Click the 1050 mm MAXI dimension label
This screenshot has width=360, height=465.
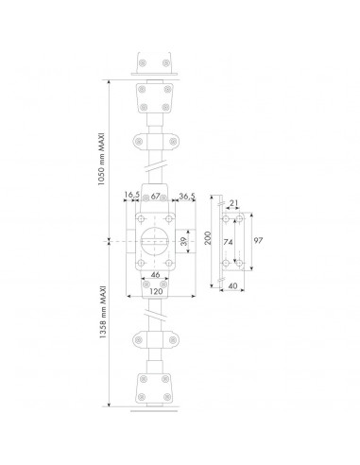pos(101,160)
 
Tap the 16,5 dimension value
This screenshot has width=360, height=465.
pos(131,196)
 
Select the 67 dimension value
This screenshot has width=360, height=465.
pos(155,196)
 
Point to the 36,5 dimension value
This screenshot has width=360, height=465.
pos(187,196)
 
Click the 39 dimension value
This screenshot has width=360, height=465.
pos(183,241)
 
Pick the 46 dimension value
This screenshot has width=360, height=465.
pos(155,275)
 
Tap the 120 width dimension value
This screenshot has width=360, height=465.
pos(156,291)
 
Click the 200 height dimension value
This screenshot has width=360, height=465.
pos(208,238)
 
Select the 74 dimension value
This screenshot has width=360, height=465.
pos(228,242)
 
